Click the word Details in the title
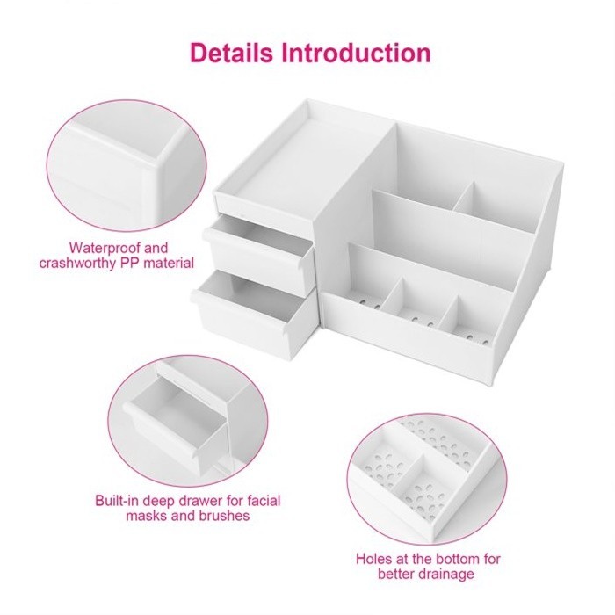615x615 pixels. click(x=231, y=53)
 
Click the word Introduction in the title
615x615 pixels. click(x=356, y=53)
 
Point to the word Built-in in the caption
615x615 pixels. click(x=117, y=501)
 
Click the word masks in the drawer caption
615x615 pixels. click(x=147, y=516)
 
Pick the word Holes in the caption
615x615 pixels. click(x=373, y=559)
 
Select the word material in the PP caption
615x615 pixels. click(x=169, y=263)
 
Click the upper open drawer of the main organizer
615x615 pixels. click(x=259, y=250)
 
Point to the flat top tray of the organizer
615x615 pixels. click(x=299, y=157)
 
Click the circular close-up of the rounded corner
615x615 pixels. click(x=127, y=165)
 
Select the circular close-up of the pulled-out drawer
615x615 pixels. click(x=189, y=421)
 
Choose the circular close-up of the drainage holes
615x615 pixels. click(x=427, y=479)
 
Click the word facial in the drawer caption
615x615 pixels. click(x=264, y=501)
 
